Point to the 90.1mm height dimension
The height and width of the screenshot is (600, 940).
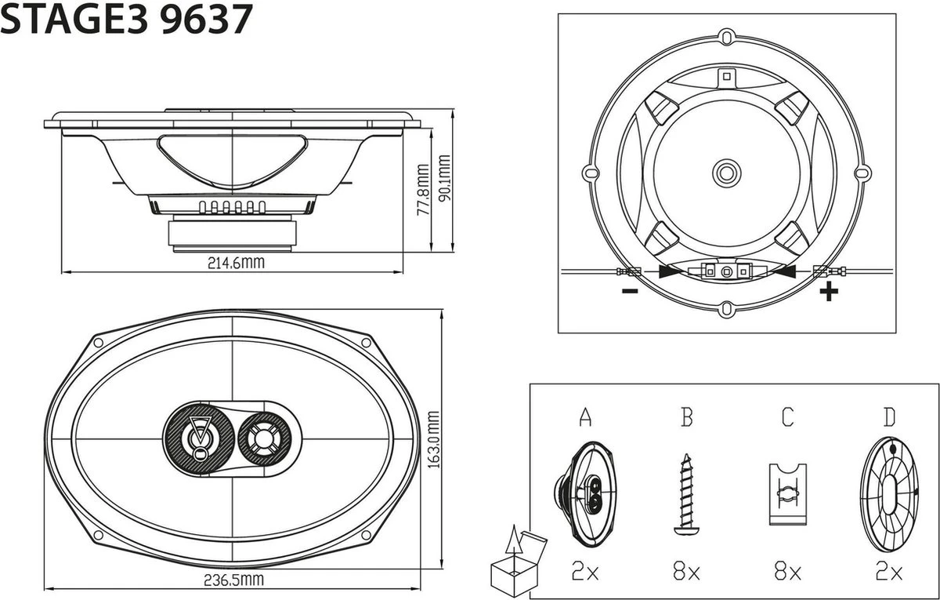tap(445, 181)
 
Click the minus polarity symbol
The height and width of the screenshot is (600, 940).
tap(629, 292)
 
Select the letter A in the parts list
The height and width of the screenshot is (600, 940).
tap(585, 417)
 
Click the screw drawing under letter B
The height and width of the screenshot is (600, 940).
tap(686, 494)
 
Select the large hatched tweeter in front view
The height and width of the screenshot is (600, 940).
tap(198, 438)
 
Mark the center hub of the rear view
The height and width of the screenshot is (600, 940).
tap(726, 171)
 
